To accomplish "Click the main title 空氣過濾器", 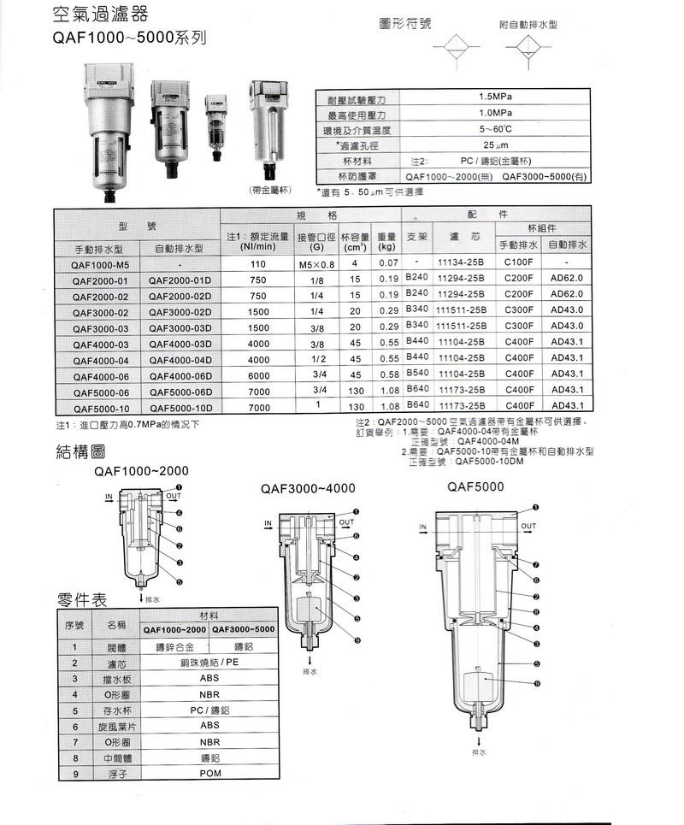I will pyautogui.click(x=100, y=15).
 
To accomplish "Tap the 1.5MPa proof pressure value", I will pyautogui.click(x=495, y=97).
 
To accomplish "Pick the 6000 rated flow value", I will pyautogui.click(x=259, y=374).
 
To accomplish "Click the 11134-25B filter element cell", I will pyautogui.click(x=461, y=263).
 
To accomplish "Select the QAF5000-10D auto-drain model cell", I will pyautogui.click(x=180, y=408).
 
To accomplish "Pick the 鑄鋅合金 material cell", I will pyautogui.click(x=174, y=646).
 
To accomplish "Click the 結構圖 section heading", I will pyautogui.click(x=80, y=451).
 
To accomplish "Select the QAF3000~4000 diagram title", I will pyautogui.click(x=307, y=488).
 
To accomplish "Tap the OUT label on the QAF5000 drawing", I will pyautogui.click(x=528, y=526).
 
